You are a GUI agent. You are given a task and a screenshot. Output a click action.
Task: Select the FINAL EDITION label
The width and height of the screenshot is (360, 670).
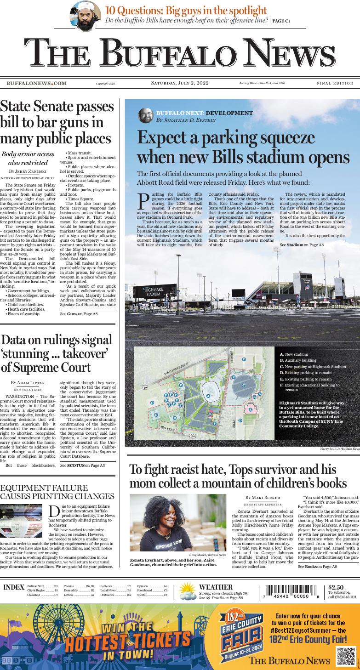[335, 84]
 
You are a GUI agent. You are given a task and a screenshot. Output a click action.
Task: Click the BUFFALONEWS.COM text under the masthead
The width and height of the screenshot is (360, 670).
[36, 84]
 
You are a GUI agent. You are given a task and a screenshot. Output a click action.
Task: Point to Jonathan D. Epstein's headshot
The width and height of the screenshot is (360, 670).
[145, 115]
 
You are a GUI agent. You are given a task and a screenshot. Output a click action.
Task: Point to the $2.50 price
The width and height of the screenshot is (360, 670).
[336, 587]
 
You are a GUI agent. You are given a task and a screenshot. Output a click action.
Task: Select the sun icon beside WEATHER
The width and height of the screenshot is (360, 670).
[188, 591]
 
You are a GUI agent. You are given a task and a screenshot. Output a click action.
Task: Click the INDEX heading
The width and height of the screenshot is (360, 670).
[14, 587]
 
